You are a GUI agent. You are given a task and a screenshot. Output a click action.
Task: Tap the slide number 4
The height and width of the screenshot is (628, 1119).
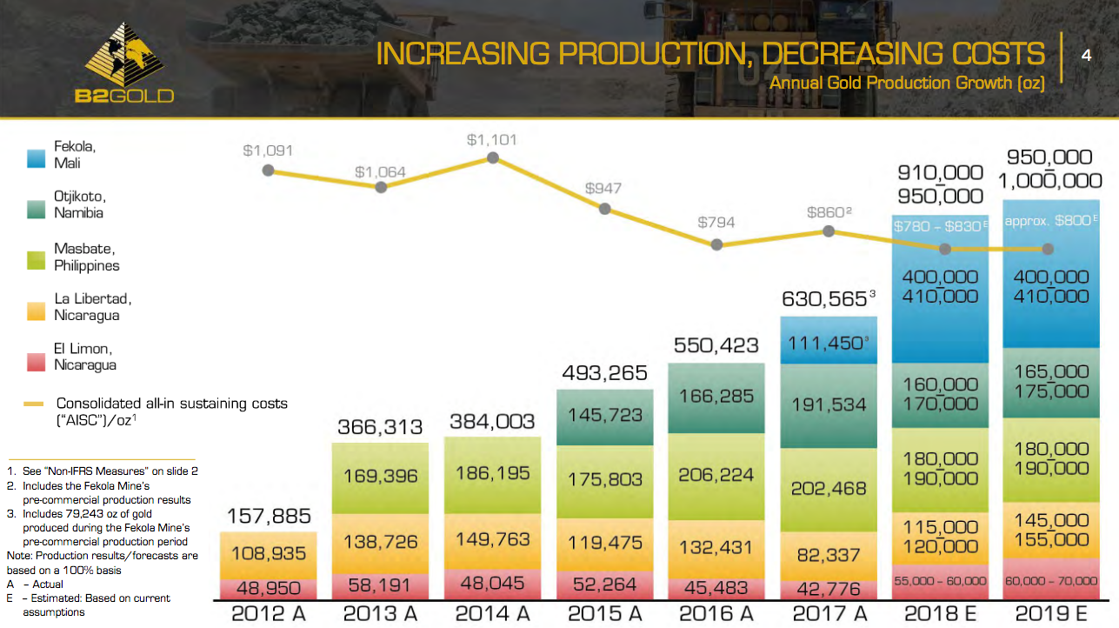(1086, 55)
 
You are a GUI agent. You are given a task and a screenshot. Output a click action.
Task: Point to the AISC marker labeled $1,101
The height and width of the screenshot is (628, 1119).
(493, 158)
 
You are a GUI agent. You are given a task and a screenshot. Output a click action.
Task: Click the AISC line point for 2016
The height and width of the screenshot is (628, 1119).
(716, 244)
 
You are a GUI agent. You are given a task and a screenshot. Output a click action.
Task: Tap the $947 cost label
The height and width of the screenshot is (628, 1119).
(603, 188)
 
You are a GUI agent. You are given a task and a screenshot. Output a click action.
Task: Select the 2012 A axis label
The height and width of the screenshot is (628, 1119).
(268, 613)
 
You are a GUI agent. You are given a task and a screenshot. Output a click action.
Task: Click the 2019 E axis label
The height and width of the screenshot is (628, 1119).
(1051, 613)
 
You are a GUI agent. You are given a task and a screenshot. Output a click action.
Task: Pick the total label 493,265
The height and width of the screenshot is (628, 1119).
(603, 372)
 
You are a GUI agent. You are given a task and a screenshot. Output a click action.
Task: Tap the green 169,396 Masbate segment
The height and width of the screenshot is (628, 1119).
(380, 476)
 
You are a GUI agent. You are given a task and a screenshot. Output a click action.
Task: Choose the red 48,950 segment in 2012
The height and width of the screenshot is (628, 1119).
(268, 589)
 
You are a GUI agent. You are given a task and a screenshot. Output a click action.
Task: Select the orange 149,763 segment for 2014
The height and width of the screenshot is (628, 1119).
(492, 539)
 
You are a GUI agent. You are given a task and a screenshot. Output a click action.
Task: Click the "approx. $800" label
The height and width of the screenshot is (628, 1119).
(1047, 221)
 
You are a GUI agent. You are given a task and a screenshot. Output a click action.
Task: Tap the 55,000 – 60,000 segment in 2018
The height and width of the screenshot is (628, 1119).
(940, 580)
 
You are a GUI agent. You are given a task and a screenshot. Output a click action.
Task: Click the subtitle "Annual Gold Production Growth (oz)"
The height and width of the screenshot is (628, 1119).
(906, 84)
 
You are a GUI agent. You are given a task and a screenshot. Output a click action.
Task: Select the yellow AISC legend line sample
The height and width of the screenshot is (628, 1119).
(35, 404)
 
